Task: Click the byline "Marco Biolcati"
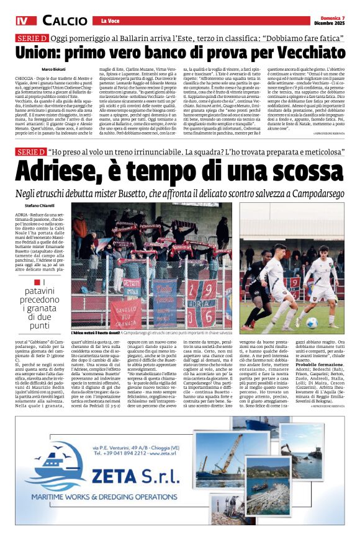pos(55,68)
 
